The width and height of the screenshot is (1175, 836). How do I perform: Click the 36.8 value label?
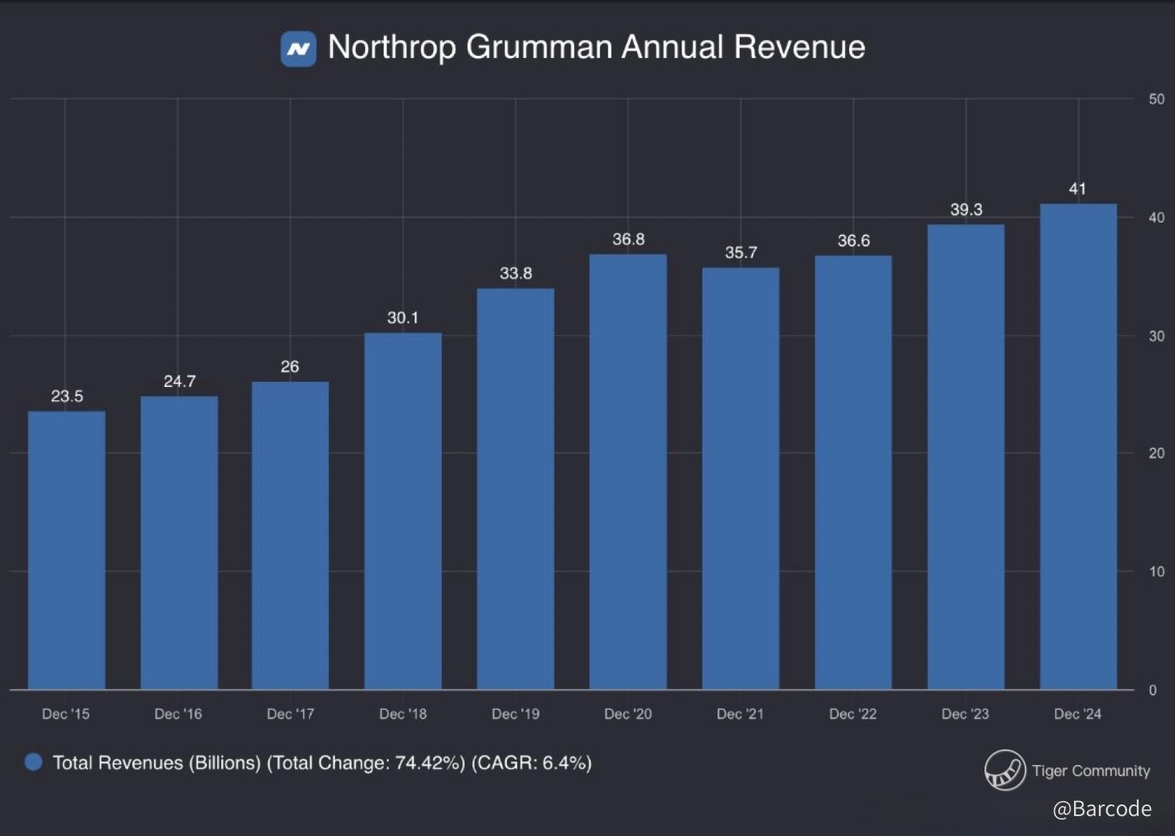628,239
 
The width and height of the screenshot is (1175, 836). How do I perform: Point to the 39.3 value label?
966,210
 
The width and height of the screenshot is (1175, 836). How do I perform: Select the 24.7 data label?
179,381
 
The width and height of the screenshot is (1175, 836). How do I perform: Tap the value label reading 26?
290,367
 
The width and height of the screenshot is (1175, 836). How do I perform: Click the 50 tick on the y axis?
1156,100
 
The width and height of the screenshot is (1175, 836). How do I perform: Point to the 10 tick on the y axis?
1156,572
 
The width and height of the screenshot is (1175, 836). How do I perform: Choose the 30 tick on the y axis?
1156,336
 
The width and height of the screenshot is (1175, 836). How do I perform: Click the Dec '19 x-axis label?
516,714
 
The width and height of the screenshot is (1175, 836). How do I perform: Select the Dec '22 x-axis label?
853,714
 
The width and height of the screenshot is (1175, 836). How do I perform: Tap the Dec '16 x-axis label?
178,714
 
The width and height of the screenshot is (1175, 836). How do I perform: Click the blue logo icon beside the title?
299,49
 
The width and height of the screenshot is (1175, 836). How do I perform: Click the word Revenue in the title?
799,47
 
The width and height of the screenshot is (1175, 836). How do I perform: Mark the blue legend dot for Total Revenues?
33,762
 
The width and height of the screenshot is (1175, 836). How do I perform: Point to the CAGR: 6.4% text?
531,763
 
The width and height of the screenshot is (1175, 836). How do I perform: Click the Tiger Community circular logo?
1005,770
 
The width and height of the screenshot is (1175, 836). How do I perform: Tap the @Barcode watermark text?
1102,809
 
